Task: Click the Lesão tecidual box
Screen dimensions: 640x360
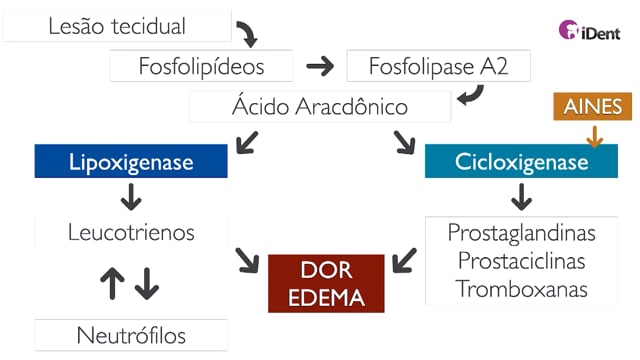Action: (x=117, y=26)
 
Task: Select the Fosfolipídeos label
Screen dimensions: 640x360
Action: (x=201, y=66)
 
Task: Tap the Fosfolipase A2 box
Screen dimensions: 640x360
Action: (x=439, y=66)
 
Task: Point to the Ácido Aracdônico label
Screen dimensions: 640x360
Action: (x=320, y=106)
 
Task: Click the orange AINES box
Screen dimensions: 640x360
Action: (x=593, y=107)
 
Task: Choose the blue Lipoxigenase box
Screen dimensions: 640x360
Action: (x=131, y=161)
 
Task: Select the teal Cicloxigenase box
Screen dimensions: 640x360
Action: (x=521, y=161)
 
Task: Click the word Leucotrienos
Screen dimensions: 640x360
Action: (x=131, y=232)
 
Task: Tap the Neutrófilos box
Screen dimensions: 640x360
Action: (x=131, y=336)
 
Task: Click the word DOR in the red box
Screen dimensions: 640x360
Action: (x=326, y=270)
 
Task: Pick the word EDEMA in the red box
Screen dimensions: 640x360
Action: (x=326, y=298)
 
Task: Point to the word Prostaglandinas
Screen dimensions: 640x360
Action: (x=521, y=233)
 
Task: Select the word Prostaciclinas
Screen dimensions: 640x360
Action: (x=521, y=260)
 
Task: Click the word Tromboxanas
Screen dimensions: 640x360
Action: (x=521, y=289)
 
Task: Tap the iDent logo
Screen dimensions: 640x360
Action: (x=589, y=30)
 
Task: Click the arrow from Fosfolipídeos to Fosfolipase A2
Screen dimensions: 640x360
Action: (x=320, y=66)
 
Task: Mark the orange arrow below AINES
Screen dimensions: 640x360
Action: (x=595, y=136)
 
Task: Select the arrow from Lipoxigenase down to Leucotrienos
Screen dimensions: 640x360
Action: (x=131, y=197)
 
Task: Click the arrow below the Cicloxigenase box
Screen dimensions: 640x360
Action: (x=521, y=197)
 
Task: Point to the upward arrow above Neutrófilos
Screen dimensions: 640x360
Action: (x=112, y=283)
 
